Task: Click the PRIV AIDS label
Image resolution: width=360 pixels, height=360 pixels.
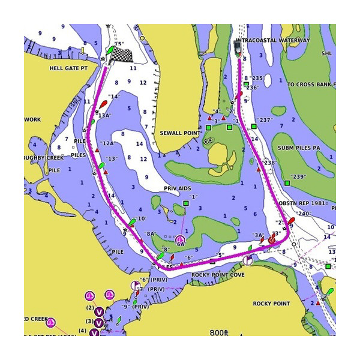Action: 177,188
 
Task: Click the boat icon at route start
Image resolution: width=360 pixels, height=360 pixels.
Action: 238,49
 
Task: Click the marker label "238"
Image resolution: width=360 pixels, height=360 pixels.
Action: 269,163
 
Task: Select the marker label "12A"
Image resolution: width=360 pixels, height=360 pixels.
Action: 108,143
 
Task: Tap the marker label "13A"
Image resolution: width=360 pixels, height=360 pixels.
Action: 104,115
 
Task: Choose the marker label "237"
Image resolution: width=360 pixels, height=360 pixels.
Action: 264,119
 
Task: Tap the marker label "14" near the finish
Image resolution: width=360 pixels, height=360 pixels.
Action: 113,96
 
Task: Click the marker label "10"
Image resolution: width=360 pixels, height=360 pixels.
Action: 142,219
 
